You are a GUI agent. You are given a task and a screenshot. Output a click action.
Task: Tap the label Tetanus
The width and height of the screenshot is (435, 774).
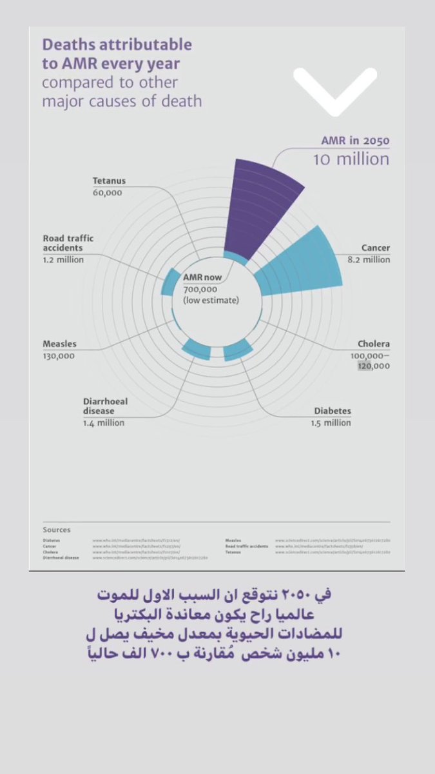(109, 181)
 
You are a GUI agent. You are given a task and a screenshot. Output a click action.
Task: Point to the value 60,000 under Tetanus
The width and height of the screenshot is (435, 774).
(107, 192)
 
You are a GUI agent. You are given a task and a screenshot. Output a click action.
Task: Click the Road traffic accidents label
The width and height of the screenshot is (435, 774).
(72, 243)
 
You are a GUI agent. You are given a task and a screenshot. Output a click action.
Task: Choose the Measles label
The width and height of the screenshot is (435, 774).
(59, 344)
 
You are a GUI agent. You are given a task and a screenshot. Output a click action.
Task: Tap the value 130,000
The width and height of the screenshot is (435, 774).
(59, 355)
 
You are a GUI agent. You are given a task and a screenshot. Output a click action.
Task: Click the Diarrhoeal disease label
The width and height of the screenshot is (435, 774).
(105, 406)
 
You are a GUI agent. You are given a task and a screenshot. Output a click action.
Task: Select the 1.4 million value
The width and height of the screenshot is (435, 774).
(103, 422)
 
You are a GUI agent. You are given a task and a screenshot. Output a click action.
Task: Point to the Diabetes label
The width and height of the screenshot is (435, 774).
(333, 411)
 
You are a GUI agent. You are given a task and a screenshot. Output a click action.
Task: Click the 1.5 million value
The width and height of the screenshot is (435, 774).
(333, 422)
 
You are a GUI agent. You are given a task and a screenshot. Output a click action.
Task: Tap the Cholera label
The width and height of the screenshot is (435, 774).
(374, 344)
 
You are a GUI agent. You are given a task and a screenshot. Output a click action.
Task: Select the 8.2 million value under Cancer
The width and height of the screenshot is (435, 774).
(369, 259)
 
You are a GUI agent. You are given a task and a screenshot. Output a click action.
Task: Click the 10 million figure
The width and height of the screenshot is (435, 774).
(351, 159)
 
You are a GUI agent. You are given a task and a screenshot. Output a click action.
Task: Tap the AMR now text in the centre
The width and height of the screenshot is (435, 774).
(202, 277)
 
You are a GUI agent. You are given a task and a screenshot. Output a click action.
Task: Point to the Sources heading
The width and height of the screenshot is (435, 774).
(57, 530)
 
